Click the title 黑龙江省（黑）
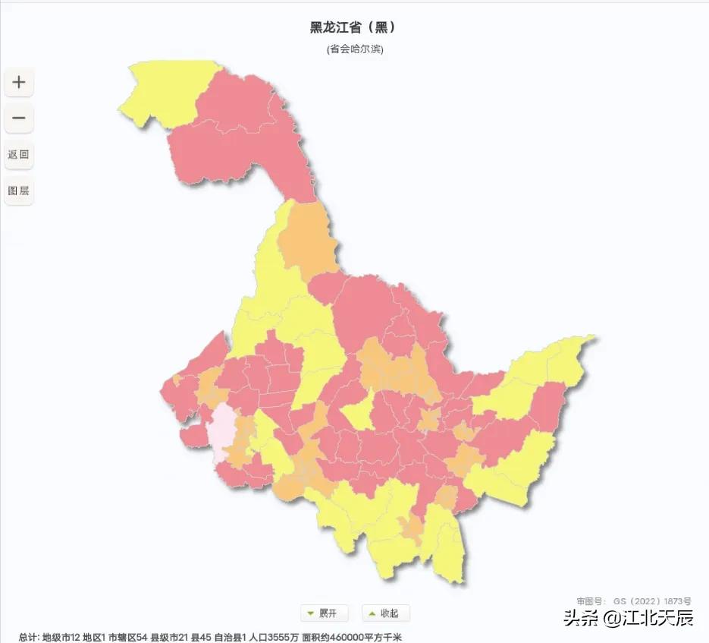pyautogui.click(x=353, y=27)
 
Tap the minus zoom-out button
pyautogui.click(x=19, y=118)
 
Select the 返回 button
pyautogui.click(x=19, y=154)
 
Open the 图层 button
pyautogui.click(x=19, y=191)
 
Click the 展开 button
pyautogui.click(x=324, y=613)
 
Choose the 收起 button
pyautogui.click(x=385, y=613)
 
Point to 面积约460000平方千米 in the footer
pyautogui.click(x=351, y=637)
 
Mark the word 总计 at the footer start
pyautogui.click(x=28, y=637)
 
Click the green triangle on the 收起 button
pyautogui.click(x=372, y=613)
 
